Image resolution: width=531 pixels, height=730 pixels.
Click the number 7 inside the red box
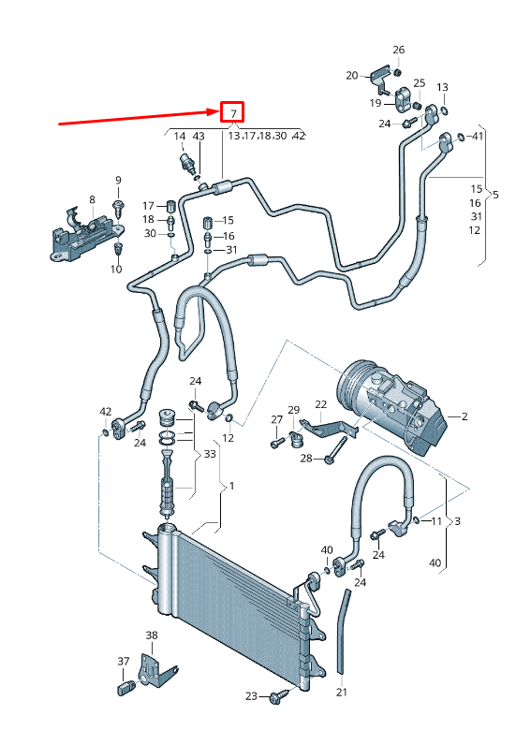[231, 113]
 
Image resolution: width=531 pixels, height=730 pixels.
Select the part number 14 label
[180, 137]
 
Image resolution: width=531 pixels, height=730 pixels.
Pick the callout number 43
[198, 137]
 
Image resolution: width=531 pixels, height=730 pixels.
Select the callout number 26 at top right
[398, 50]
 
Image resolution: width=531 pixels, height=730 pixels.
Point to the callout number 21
[342, 693]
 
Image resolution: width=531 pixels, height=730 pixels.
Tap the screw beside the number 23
[277, 697]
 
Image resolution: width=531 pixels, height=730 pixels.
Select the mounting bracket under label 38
[153, 671]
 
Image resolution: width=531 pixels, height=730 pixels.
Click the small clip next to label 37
[124, 691]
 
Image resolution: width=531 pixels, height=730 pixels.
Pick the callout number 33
[210, 454]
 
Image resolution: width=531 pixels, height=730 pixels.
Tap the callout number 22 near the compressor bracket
[320, 404]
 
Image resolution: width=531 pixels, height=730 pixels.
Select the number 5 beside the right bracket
[495, 195]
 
